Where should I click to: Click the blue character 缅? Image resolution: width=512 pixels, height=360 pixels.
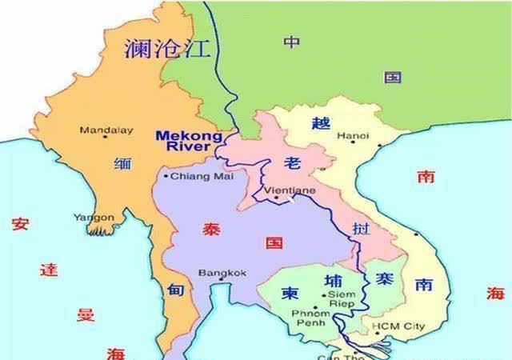122,164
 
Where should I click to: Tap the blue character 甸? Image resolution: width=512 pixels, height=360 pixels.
176,290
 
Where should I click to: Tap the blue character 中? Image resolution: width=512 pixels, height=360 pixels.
292,42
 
